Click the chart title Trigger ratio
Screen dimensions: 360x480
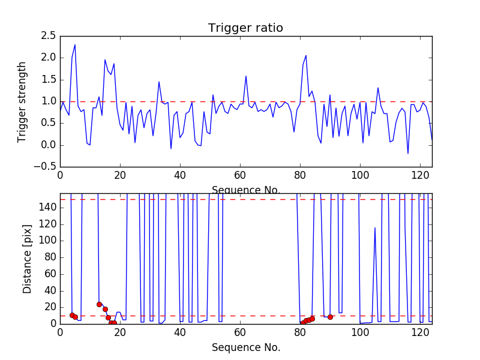point(245,28)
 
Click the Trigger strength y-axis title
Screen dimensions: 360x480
point(23,101)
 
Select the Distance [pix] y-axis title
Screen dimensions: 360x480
point(28,259)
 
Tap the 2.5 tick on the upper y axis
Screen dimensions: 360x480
point(48,36)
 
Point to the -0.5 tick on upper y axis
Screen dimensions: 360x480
point(46,167)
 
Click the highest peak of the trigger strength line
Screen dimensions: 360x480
point(75,44)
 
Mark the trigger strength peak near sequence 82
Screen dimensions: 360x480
point(306,55)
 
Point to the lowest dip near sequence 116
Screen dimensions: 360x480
point(408,154)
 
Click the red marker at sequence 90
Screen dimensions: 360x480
point(330,317)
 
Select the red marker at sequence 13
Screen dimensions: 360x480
point(99,304)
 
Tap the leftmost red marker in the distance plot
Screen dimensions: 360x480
point(72,315)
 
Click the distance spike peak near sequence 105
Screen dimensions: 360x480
point(375,227)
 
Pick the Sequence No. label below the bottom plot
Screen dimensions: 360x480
point(245,347)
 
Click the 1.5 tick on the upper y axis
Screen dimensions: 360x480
point(48,80)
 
